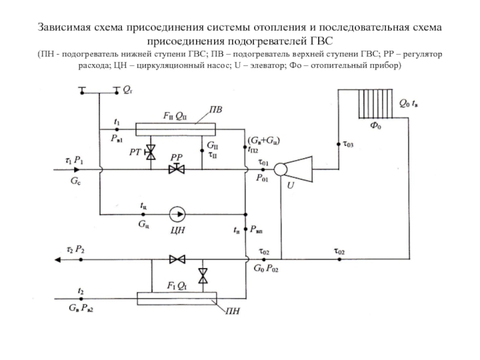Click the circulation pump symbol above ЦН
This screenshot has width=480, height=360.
[x=178, y=213]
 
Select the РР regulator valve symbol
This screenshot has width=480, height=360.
[x=177, y=170]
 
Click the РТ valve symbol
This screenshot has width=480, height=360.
[x=151, y=152]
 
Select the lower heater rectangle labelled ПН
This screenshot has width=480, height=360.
[x=176, y=298]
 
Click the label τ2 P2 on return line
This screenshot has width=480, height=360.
[x=75, y=249]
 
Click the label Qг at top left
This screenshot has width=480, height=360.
[x=128, y=91]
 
